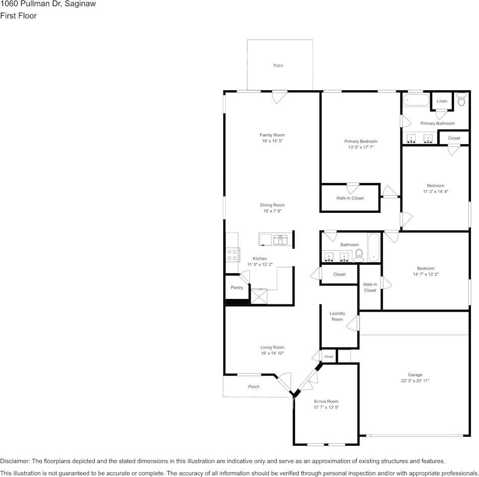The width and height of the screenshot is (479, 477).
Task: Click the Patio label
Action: pyautogui.click(x=278, y=66)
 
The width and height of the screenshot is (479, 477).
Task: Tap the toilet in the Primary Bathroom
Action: pyautogui.click(x=461, y=100)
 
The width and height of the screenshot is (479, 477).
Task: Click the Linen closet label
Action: pyautogui.click(x=442, y=101)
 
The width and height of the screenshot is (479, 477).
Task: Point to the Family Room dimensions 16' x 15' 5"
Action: pyautogui.click(x=272, y=142)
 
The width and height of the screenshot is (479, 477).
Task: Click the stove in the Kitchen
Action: pyautogui.click(x=232, y=255)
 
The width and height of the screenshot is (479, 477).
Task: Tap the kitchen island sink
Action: pyautogui.click(x=280, y=240)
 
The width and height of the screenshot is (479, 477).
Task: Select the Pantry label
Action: pyautogui.click(x=237, y=288)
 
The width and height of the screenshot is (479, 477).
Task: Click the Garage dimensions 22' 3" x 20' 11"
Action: pyautogui.click(x=415, y=381)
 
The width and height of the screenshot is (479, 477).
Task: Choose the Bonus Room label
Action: pyautogui.click(x=326, y=401)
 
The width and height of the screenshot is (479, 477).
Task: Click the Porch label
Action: pyautogui.click(x=254, y=387)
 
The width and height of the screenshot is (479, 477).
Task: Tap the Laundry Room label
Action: pyautogui.click(x=337, y=317)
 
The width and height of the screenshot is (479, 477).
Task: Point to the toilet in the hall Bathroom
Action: pyautogui.click(x=359, y=255)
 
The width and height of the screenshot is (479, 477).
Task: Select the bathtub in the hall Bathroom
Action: pyautogui.click(x=374, y=248)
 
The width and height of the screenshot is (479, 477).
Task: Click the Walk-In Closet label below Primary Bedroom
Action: pyautogui.click(x=350, y=198)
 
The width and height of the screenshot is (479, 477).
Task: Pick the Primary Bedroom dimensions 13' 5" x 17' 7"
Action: pyautogui.click(x=361, y=148)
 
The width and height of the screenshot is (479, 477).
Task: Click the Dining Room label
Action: pyautogui.click(x=272, y=205)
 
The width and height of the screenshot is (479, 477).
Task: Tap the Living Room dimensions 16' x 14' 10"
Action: pyautogui.click(x=272, y=353)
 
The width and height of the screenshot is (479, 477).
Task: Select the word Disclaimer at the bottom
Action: pyautogui.click(x=15, y=461)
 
